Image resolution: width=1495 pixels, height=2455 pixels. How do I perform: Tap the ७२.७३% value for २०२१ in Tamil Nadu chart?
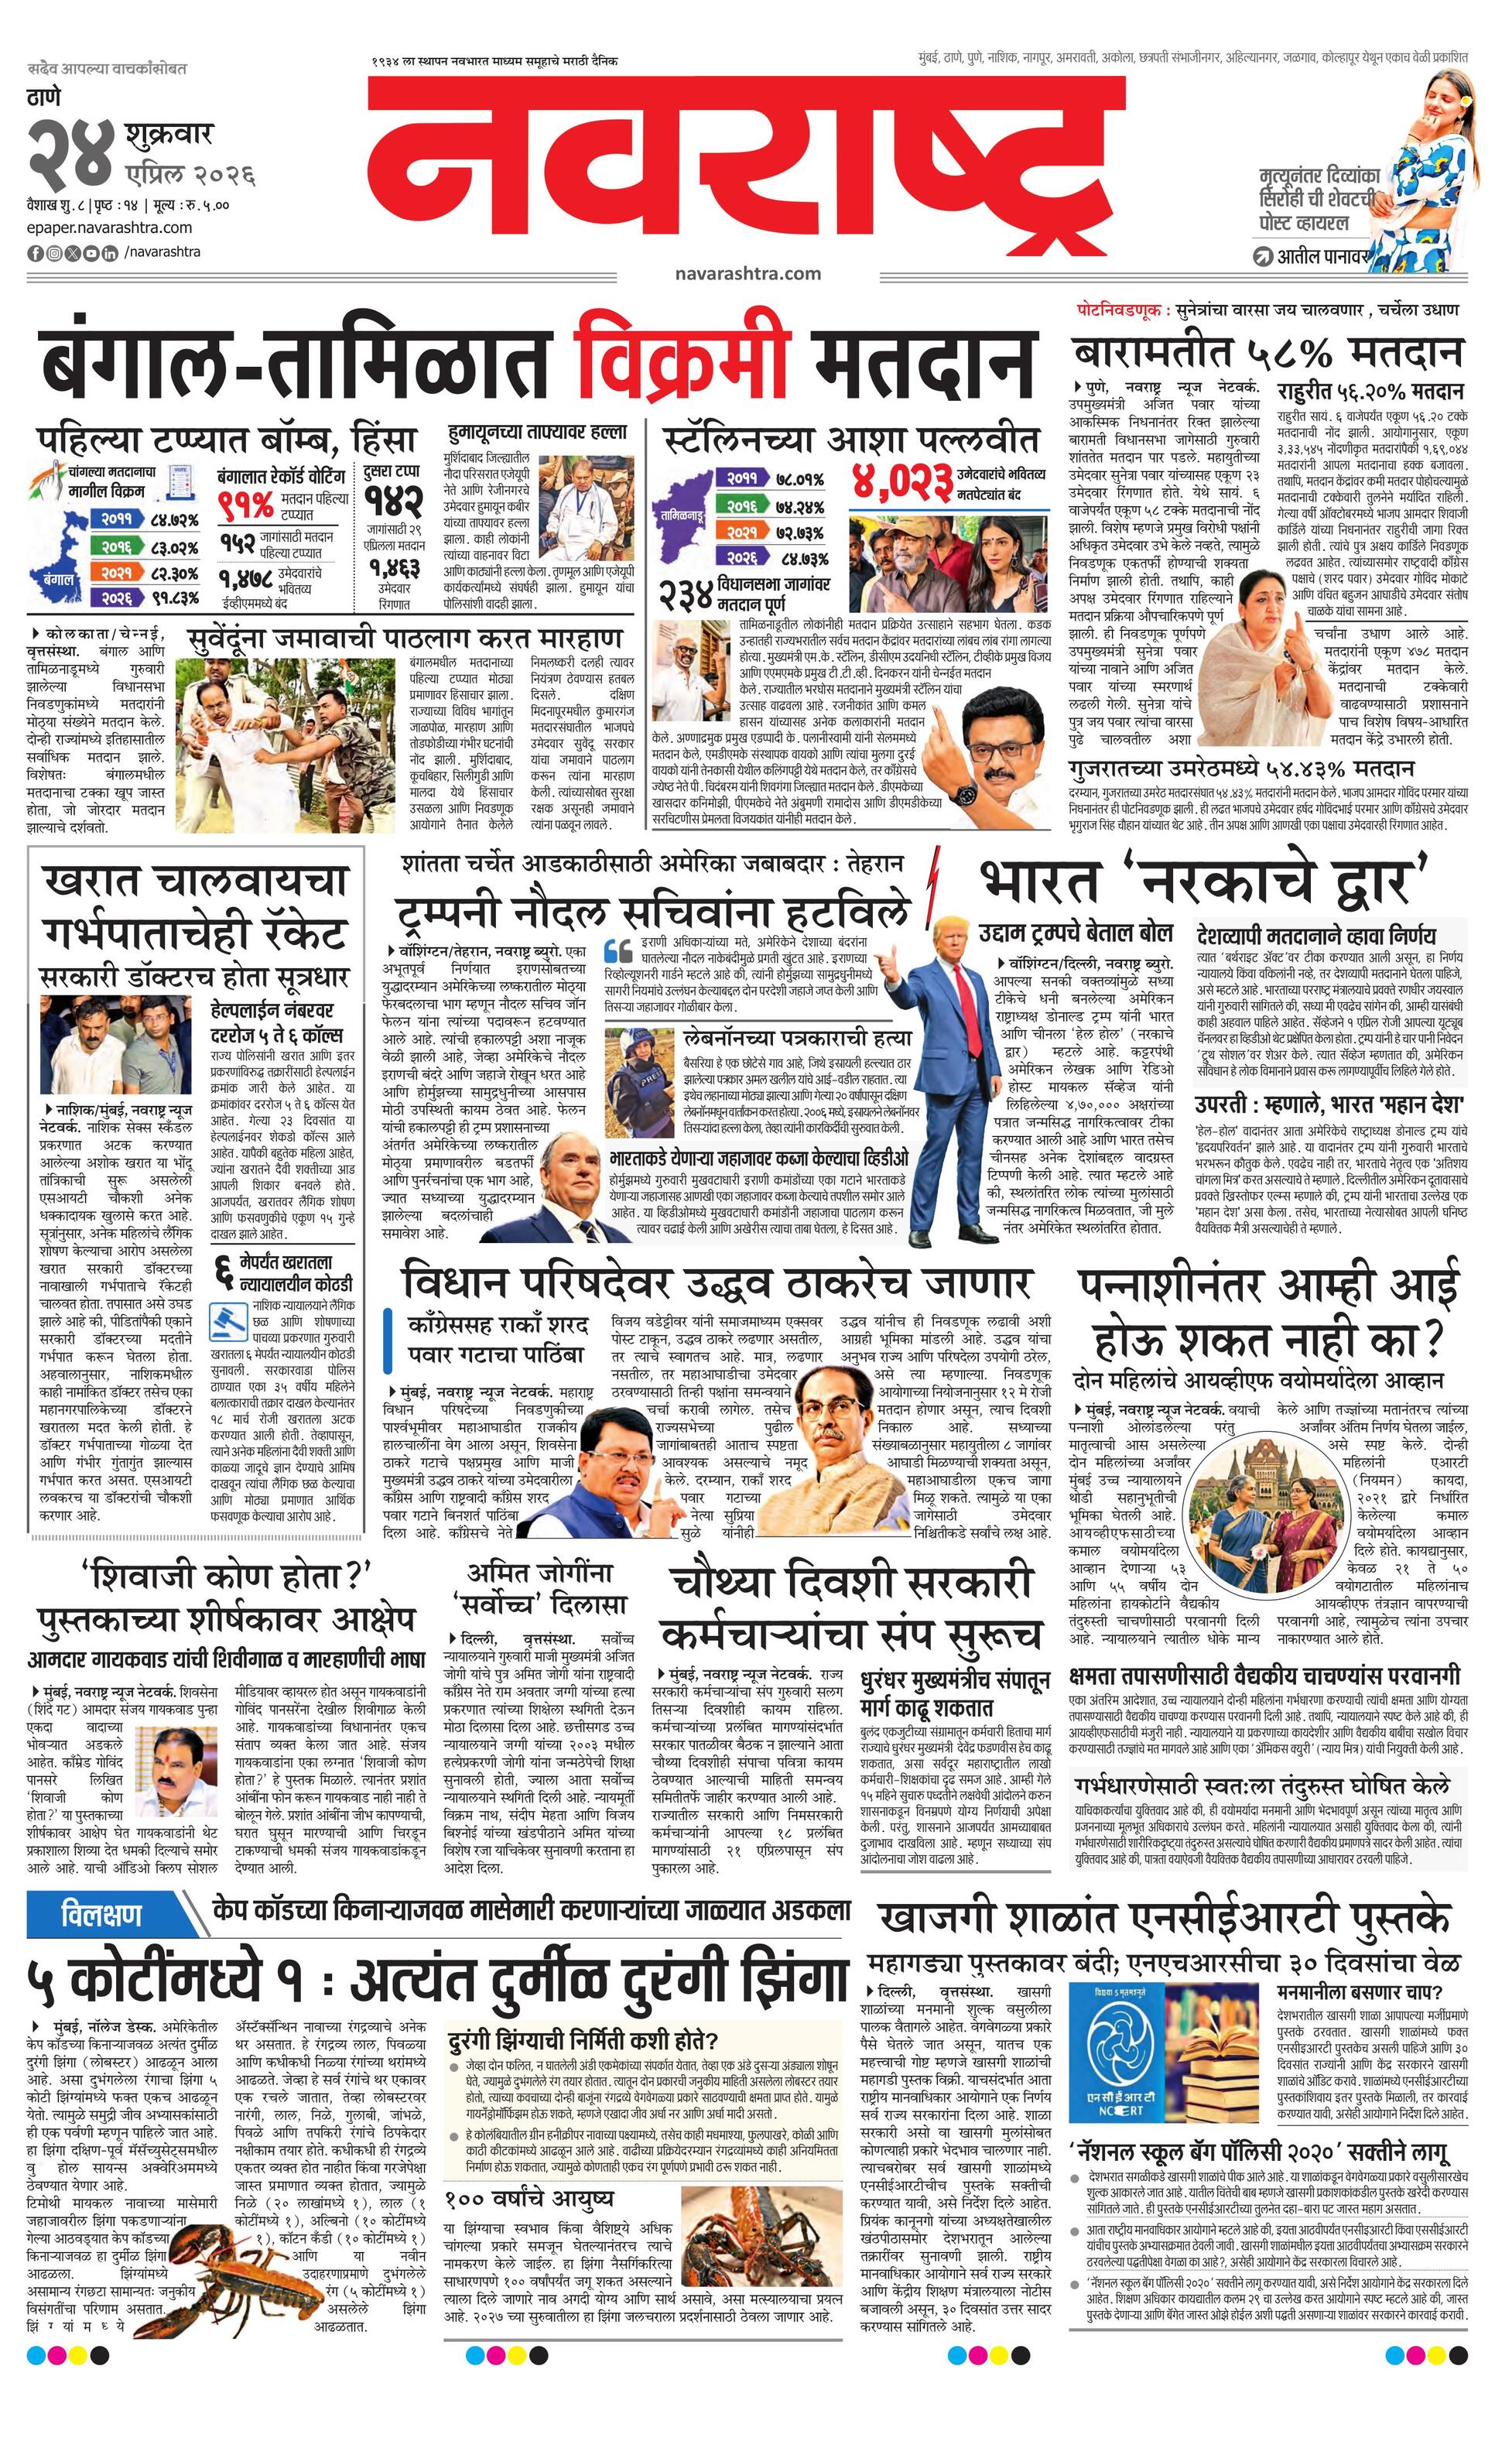[x=802, y=533]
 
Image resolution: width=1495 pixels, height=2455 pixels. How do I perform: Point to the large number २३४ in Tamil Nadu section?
[x=686, y=595]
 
